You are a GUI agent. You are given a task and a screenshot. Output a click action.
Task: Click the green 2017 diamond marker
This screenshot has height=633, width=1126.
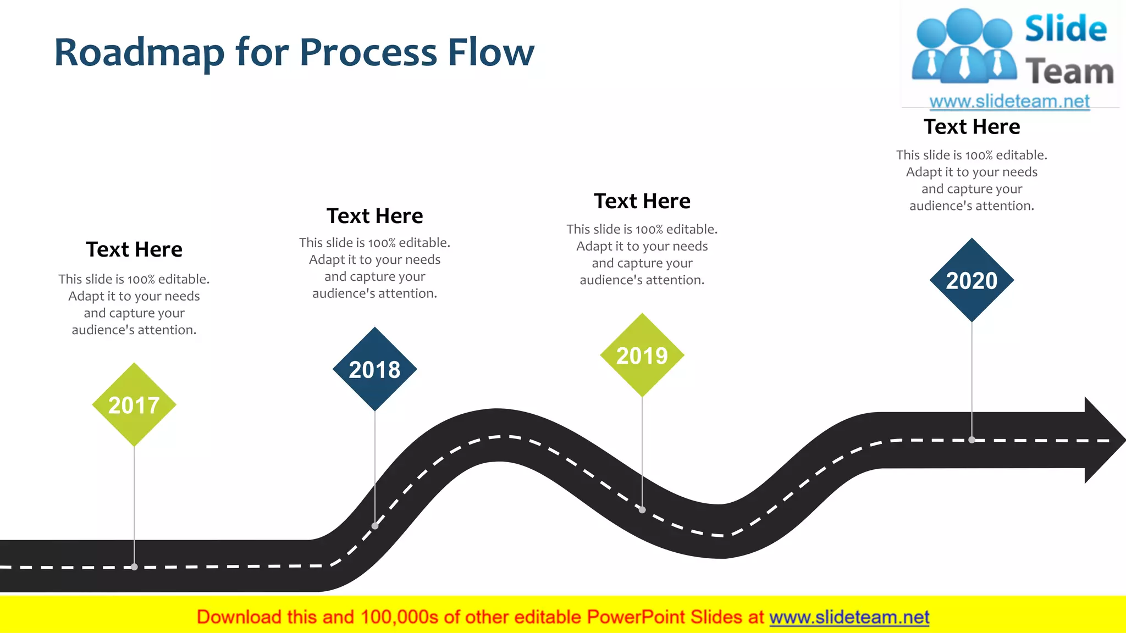coord(134,405)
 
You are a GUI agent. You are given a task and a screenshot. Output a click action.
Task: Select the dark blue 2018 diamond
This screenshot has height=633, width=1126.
coord(375,369)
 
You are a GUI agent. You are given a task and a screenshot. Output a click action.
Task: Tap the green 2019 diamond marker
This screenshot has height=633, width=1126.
coord(642,356)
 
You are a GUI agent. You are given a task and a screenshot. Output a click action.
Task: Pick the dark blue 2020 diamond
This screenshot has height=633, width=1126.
coord(972,280)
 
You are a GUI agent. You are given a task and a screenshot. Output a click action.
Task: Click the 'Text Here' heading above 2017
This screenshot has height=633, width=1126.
coord(134,249)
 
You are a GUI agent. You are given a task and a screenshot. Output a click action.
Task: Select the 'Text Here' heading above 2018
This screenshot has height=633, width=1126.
coord(375,216)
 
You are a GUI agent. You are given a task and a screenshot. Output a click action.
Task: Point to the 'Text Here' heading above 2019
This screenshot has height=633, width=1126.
coord(642,201)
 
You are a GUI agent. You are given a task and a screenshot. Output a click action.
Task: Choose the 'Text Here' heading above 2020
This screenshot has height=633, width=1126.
coord(972,127)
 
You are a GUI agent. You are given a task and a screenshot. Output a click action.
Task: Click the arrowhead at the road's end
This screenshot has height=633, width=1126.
coord(1102,440)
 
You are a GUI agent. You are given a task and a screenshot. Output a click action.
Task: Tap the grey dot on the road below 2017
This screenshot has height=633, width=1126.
coord(134,567)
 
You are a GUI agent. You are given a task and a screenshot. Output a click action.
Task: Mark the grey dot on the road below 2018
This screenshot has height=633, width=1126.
coord(375,526)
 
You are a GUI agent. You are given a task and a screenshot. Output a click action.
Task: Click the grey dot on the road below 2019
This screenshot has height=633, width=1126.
coord(642,509)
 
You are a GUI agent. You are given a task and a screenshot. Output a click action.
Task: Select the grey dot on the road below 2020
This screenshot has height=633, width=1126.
coord(972,440)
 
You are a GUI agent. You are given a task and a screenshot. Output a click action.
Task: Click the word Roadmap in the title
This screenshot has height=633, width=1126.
coord(140,53)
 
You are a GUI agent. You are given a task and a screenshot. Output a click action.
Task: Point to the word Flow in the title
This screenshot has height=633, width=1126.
coord(491,53)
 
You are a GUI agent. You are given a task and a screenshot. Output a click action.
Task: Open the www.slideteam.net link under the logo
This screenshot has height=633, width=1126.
coord(1009,102)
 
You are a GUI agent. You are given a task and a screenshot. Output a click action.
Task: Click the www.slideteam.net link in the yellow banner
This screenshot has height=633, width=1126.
coord(849,618)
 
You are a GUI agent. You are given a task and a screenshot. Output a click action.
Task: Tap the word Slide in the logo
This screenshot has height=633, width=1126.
coord(1066,29)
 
